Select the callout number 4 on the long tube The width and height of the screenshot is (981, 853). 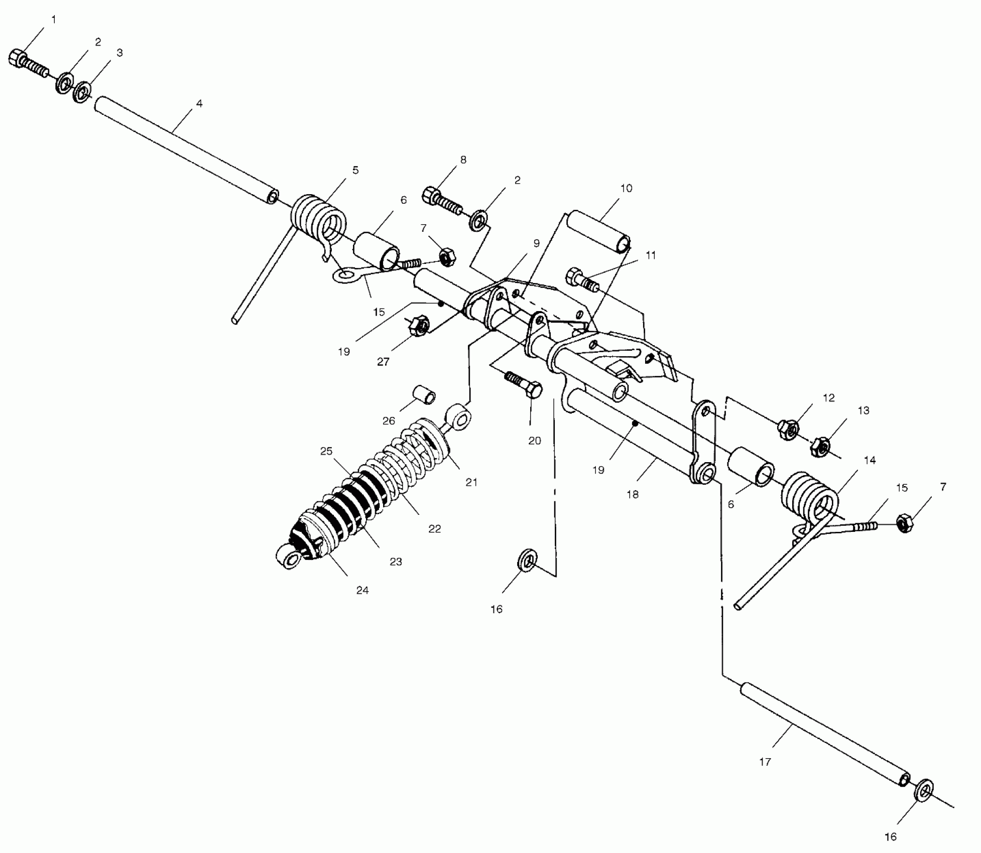[x=199, y=104]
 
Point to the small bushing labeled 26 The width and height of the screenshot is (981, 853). [x=424, y=394]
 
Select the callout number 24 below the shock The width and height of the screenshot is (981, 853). [x=362, y=590]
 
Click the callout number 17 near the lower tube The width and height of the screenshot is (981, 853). [x=765, y=762]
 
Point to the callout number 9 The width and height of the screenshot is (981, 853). [x=537, y=243]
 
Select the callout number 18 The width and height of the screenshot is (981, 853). [x=633, y=494]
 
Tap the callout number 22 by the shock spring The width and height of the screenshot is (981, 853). [x=435, y=528]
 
